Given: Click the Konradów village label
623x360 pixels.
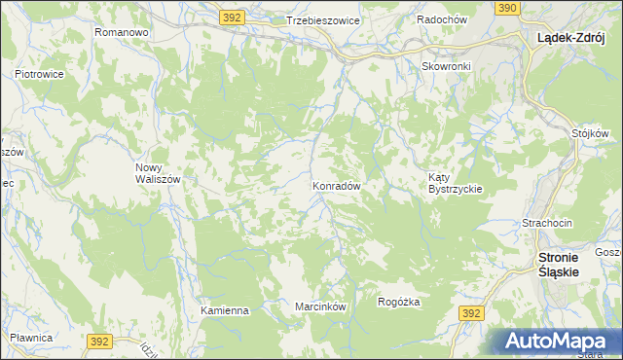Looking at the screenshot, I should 337,185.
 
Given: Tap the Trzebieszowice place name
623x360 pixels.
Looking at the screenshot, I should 323,20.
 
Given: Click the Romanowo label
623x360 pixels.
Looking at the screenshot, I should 121,32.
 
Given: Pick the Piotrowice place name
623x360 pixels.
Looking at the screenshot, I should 39,73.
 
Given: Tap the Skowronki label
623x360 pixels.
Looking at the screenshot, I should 446,66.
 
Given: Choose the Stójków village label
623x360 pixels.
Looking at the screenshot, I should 590,132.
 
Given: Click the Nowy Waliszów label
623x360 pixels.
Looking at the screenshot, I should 157,173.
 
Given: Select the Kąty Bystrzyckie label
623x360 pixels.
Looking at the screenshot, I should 456,182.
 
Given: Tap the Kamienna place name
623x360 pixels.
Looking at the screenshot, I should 225,310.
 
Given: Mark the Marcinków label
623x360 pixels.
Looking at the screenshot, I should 321,306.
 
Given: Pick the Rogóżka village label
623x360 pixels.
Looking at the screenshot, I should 399,302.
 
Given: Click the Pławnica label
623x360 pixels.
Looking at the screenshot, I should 30,337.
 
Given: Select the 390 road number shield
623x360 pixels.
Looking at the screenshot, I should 506,8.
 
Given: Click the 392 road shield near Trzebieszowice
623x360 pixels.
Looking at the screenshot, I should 231,18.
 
